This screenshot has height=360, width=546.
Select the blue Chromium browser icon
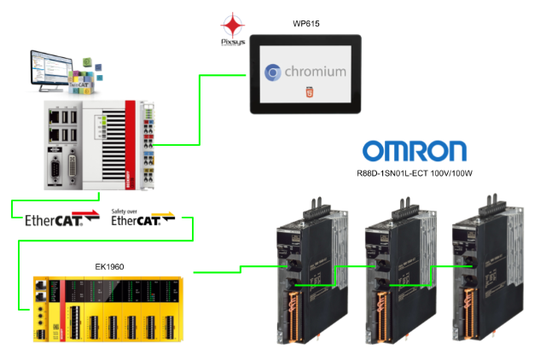tap(273, 73)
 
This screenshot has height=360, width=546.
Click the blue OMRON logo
tap(415, 152)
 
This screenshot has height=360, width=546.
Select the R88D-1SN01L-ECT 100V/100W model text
tap(415, 174)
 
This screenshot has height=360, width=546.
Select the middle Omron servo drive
tap(392, 273)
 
